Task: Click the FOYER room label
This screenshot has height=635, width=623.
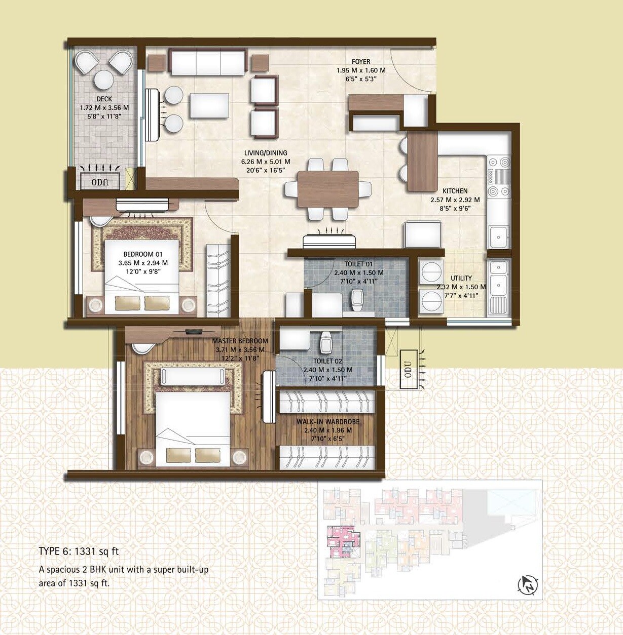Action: pyautogui.click(x=361, y=62)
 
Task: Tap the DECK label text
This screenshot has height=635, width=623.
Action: pyautogui.click(x=104, y=99)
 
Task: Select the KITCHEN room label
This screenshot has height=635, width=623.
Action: pyautogui.click(x=455, y=191)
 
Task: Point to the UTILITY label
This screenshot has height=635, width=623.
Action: pyautogui.click(x=461, y=278)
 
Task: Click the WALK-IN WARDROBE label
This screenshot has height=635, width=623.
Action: pyautogui.click(x=327, y=422)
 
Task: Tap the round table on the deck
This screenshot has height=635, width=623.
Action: pyautogui.click(x=104, y=80)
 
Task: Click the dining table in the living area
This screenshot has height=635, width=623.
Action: pyautogui.click(x=328, y=189)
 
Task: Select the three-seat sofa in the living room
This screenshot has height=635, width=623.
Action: pyautogui.click(x=207, y=62)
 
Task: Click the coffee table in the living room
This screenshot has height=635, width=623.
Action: pyautogui.click(x=209, y=106)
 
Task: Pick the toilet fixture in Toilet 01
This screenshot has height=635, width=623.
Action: pyautogui.click(x=358, y=300)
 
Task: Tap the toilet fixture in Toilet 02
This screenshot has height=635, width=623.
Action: pyautogui.click(x=326, y=344)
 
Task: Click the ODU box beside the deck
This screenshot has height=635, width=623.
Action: pyautogui.click(x=99, y=181)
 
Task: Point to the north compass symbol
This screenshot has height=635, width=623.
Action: pyautogui.click(x=528, y=585)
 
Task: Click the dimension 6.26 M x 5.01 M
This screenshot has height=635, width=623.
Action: pyautogui.click(x=266, y=162)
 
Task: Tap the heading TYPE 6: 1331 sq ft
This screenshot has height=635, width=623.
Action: pyautogui.click(x=79, y=551)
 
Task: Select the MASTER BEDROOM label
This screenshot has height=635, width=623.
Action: pyautogui.click(x=239, y=341)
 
